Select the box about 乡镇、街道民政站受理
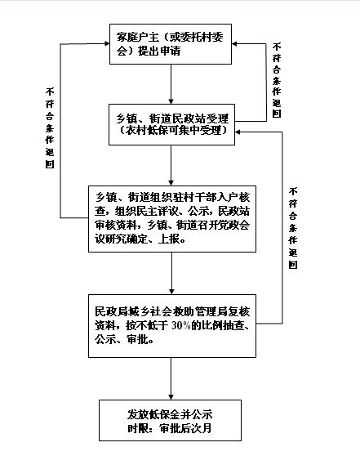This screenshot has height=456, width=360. coord(171,125)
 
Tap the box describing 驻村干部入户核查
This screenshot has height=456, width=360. coord(171,218)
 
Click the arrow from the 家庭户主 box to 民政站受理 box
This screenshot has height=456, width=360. coord(171,84)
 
